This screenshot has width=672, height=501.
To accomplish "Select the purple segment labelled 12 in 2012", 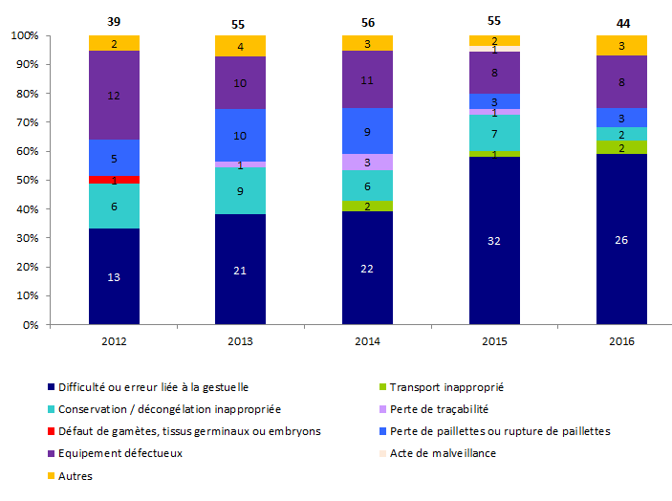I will point(115,96).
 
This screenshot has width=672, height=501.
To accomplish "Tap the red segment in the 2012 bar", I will point(115,180).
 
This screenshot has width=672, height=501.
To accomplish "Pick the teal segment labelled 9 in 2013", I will point(240,190).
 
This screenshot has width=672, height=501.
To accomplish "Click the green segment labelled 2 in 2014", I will point(367,206).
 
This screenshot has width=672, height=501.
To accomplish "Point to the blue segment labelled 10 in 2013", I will point(240,136).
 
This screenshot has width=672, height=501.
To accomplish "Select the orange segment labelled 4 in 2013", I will point(240,46).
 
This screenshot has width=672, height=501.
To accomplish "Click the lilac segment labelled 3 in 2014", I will point(367,162).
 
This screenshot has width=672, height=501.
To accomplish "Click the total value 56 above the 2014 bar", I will point(367,21).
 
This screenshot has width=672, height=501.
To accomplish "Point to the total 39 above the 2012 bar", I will point(115,21).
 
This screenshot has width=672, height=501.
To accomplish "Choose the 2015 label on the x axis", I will point(494,340).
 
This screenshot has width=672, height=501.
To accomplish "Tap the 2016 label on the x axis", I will point(621,340).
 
